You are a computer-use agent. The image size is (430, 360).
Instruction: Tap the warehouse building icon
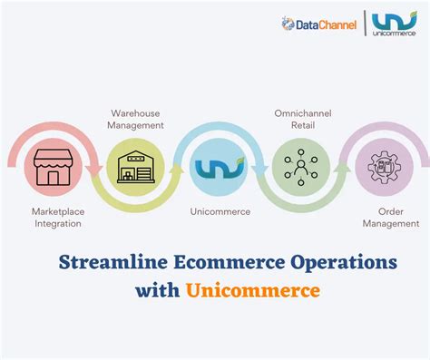pyautogui.click(x=136, y=169)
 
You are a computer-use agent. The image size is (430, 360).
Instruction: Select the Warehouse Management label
pyautogui.click(x=135, y=119)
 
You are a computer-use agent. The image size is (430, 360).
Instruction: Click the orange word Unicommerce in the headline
pyautogui.click(x=253, y=291)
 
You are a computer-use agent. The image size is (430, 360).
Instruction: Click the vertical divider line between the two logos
pyautogui.click(x=366, y=24)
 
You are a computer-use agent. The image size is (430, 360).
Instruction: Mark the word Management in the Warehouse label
pyautogui.click(x=135, y=125)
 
